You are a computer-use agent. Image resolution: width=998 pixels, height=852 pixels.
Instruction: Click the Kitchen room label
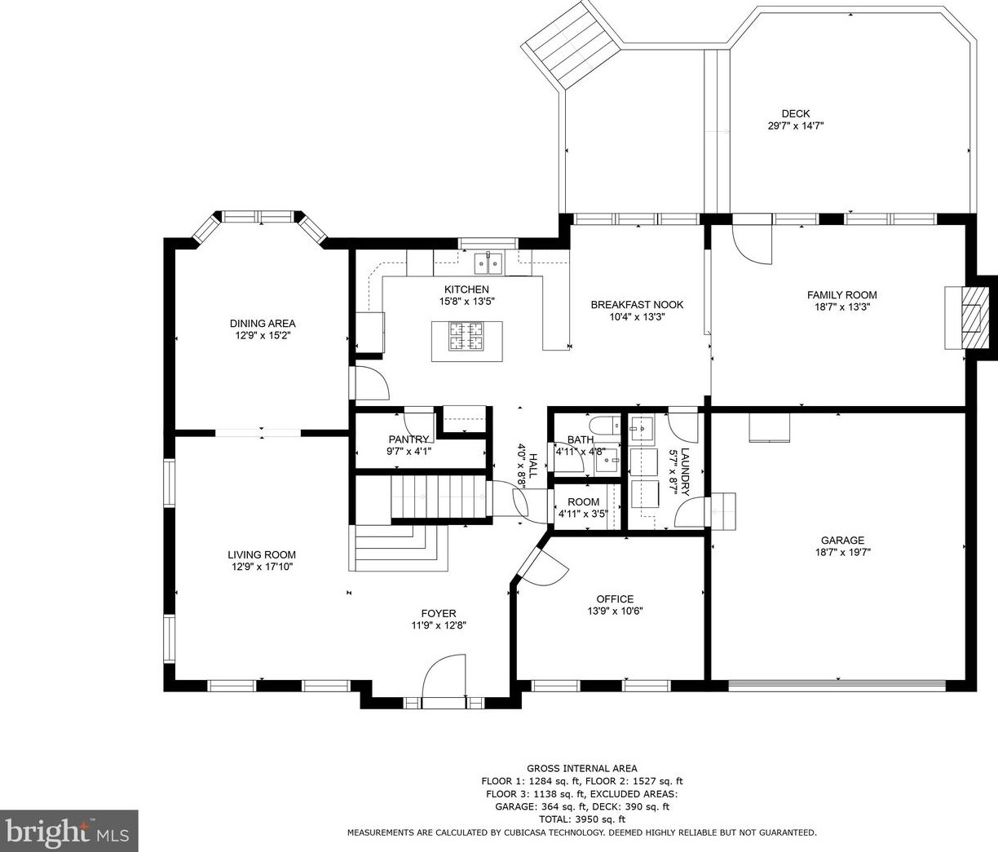pos(466,289)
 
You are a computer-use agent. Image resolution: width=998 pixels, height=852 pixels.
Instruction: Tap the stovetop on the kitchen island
pos(466,337)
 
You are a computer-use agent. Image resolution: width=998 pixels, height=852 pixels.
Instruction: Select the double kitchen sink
pos(488,263)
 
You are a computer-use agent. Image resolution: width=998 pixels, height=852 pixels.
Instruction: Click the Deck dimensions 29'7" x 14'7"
pos(796,126)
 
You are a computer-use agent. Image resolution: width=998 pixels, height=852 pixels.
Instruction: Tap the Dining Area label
pos(263,324)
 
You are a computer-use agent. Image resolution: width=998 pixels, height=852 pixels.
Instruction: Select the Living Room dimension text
pos(263,567)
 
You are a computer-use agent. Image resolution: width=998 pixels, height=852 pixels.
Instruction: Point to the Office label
pos(615,599)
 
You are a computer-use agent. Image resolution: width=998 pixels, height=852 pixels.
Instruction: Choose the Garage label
pos(842,541)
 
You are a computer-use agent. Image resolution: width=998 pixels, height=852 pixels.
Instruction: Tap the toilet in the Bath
pos(605,425)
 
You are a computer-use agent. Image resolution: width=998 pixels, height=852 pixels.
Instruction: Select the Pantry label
pos(408,439)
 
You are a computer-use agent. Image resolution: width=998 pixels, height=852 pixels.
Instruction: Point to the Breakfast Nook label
pos(637,305)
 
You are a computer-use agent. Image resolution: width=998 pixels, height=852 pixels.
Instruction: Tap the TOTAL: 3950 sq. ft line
pos(582,819)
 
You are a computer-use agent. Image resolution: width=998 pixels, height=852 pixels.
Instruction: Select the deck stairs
pos(572,43)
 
